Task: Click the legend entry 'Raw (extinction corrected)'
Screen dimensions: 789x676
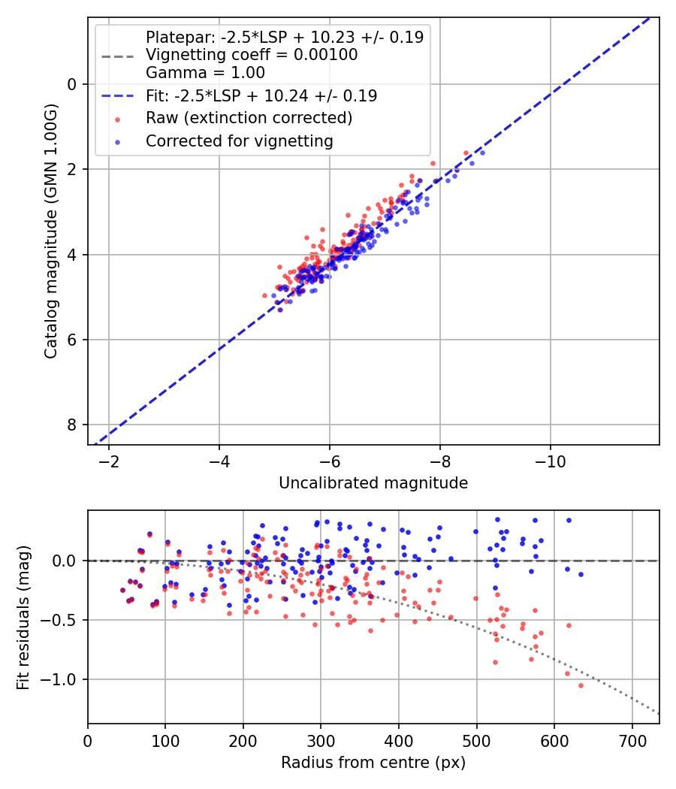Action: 249,118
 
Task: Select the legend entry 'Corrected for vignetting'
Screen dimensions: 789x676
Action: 239,141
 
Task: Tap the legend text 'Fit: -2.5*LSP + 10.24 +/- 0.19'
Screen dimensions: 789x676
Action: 261,95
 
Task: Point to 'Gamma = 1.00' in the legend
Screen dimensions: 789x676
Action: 205,74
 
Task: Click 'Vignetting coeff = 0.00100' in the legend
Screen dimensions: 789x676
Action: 252,55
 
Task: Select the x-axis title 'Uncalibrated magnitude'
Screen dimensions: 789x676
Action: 373,483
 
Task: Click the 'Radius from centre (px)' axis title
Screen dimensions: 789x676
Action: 373,763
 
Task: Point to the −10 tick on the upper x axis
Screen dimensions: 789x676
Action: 551,460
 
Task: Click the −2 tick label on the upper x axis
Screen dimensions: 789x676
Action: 109,460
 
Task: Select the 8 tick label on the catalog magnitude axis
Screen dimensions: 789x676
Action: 73,425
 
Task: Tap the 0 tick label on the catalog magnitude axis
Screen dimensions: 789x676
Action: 73,84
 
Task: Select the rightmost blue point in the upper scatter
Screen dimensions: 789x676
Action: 481,153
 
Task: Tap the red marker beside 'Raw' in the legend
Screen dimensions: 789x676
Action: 116,118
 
